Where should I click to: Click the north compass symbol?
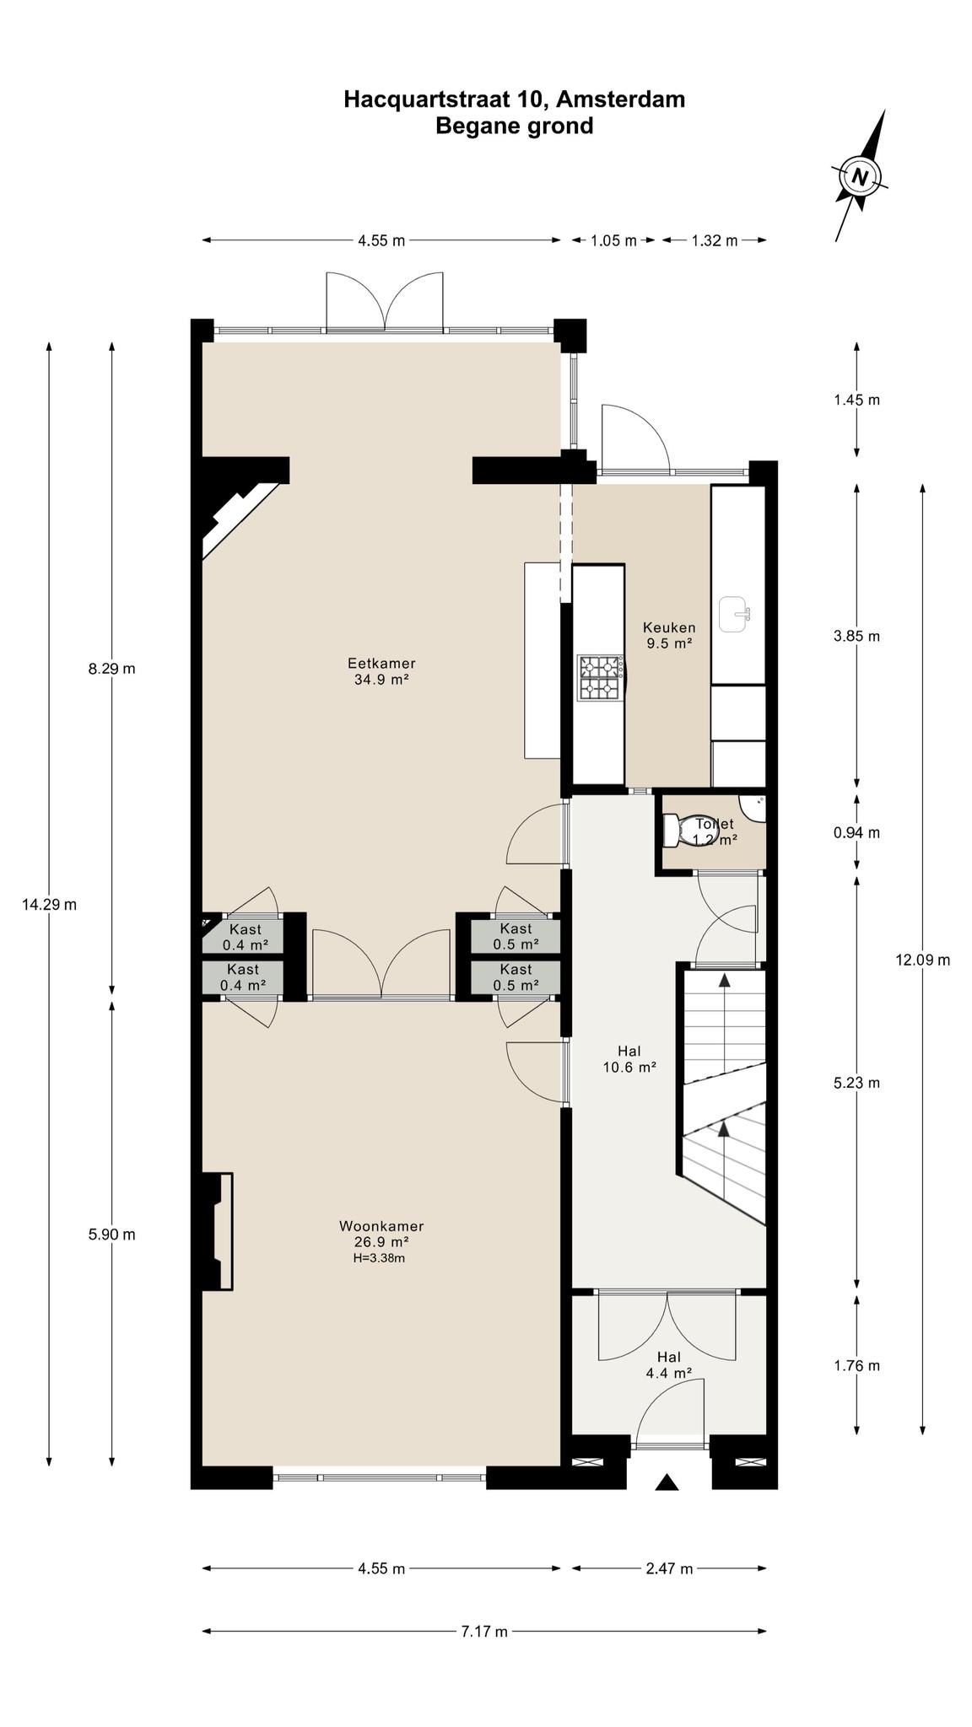pos(860,176)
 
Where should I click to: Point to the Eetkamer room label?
pos(381,670)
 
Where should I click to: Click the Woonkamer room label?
pos(381,1240)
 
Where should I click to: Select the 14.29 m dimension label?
pos(49,904)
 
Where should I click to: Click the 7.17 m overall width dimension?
pos(484,1631)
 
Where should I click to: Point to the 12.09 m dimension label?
pos(923,959)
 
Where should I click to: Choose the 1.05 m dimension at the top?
pos(613,240)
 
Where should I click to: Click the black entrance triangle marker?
pos(667,1482)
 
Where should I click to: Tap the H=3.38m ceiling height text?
pos(379,1258)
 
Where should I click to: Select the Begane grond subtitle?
pos(514,126)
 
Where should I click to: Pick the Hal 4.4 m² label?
pos(668,1364)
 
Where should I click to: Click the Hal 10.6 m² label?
pos(629,1058)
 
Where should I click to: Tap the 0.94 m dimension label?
pos(856,832)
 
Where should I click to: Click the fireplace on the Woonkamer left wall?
pos(217,1230)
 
